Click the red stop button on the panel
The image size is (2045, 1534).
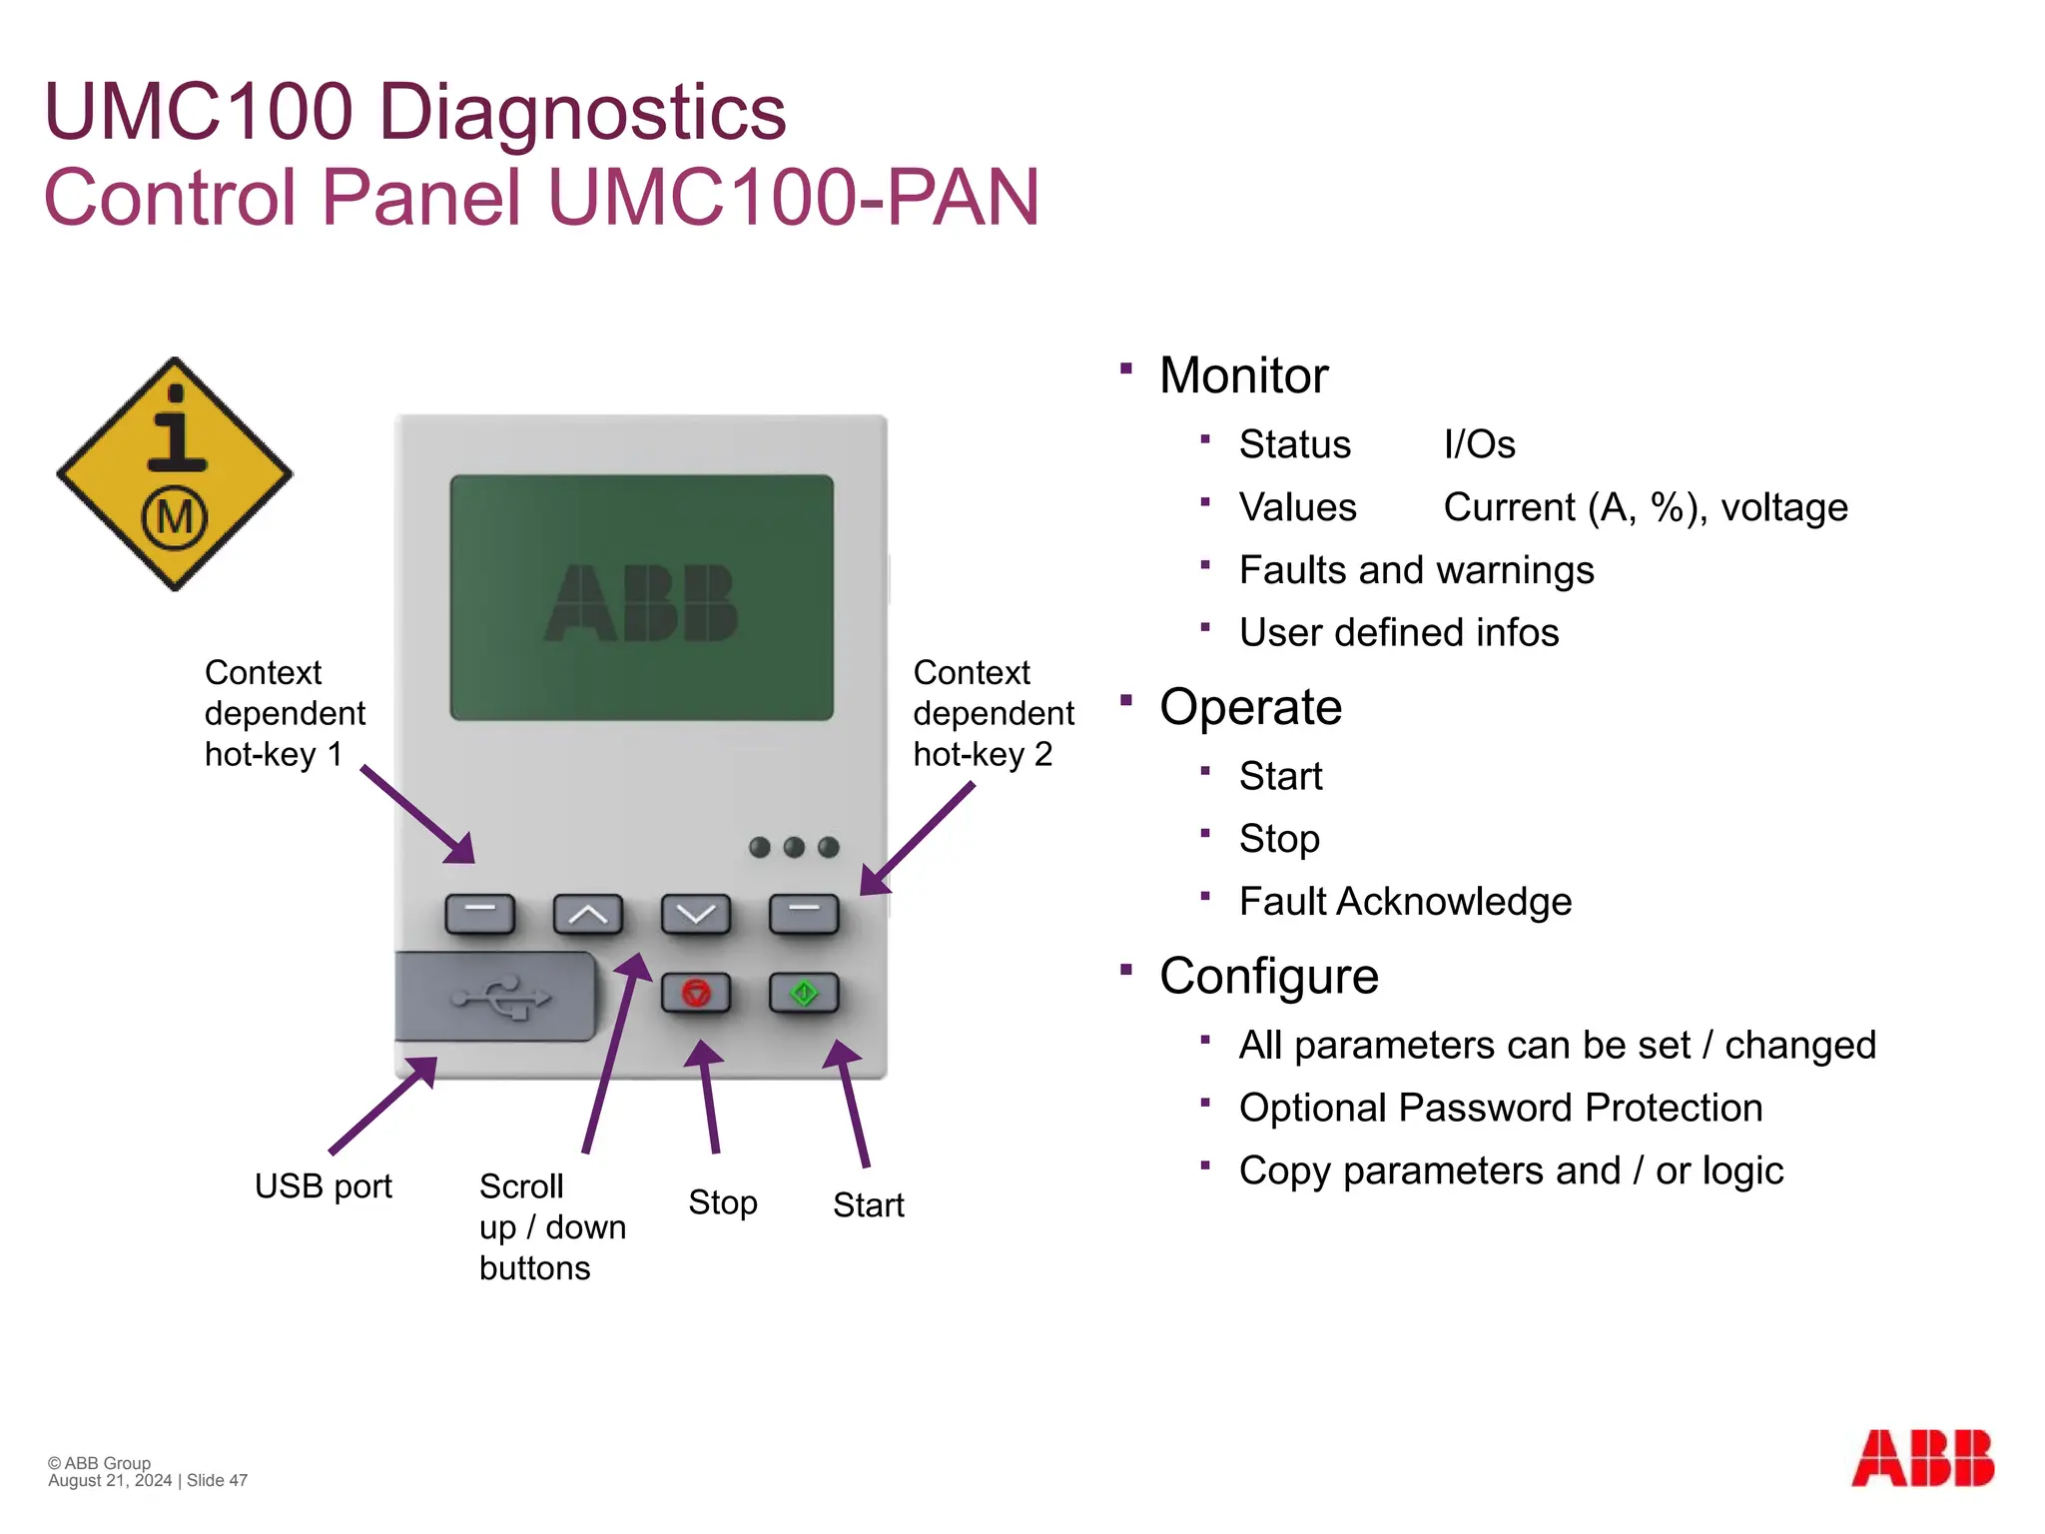[x=696, y=993]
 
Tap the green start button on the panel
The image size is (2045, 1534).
[x=804, y=993]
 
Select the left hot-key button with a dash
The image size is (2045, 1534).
[x=479, y=913]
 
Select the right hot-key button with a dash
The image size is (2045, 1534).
[x=804, y=913]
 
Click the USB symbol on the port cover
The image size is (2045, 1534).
[x=501, y=998]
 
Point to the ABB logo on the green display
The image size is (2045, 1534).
[x=641, y=602]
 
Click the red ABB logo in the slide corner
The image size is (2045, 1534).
[x=1922, y=1458]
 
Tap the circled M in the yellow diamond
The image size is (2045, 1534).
[x=175, y=517]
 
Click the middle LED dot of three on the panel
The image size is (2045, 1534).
[x=794, y=847]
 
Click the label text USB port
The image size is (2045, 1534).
[x=323, y=1186]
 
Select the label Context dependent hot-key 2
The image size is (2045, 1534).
[x=993, y=713]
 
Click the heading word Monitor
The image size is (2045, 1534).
[x=1243, y=376]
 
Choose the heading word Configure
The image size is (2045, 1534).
[x=1268, y=976]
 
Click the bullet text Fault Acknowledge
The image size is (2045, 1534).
[x=1405, y=901]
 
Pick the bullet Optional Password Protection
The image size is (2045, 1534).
[x=1500, y=1108]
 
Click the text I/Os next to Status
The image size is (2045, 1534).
[x=1479, y=444]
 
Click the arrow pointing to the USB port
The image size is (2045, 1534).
[x=383, y=1105]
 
